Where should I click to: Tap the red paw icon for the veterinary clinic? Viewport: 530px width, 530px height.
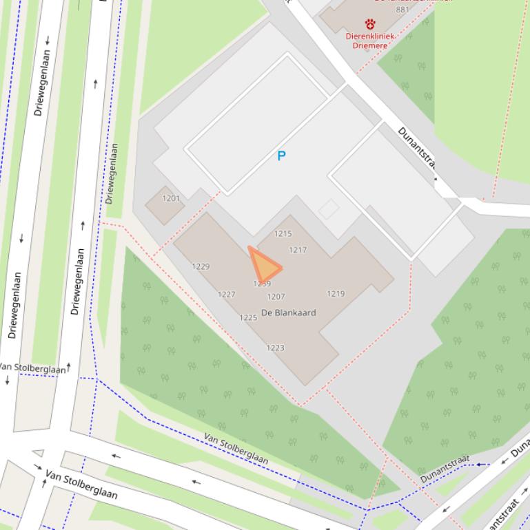click(370, 24)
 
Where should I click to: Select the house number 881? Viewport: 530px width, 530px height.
click(402, 10)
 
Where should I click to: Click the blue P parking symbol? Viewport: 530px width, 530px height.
click(281, 156)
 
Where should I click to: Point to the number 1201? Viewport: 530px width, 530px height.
click(171, 198)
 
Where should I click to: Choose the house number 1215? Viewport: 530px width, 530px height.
click(283, 234)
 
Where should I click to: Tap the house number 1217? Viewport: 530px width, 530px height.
click(298, 250)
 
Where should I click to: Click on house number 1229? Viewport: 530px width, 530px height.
click(201, 266)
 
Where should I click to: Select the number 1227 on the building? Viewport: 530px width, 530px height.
click(226, 294)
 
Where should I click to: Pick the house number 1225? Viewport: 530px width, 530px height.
click(248, 317)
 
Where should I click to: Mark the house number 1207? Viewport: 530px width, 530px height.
click(276, 297)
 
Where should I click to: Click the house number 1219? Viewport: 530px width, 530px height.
click(336, 293)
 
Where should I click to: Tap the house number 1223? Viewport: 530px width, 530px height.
click(275, 348)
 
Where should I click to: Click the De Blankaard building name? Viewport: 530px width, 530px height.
click(288, 312)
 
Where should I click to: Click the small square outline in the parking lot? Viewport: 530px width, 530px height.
click(329, 209)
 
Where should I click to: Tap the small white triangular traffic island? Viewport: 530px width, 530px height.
click(38, 453)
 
